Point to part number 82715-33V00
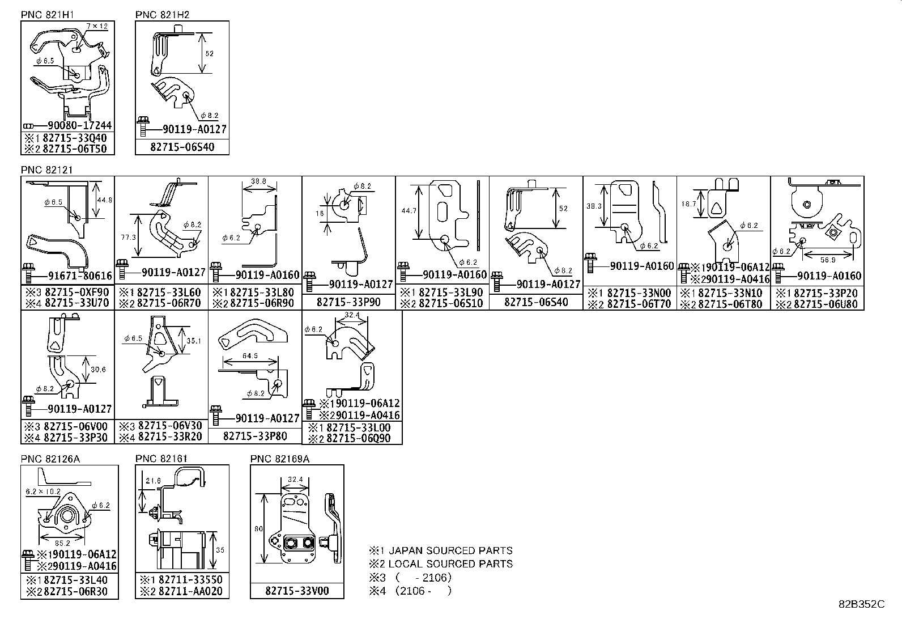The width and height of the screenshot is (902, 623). point(296,591)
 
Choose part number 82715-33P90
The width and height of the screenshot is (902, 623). point(348,302)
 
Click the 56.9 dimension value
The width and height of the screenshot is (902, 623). point(828,260)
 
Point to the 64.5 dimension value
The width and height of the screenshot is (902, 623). point(250,356)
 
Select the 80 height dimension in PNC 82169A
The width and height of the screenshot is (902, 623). point(258,528)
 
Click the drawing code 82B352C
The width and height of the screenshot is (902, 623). point(861,604)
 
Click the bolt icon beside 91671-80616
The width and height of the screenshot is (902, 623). point(27,273)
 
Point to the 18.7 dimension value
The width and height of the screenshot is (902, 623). point(689,204)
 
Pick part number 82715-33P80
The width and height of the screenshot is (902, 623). point(255,436)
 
